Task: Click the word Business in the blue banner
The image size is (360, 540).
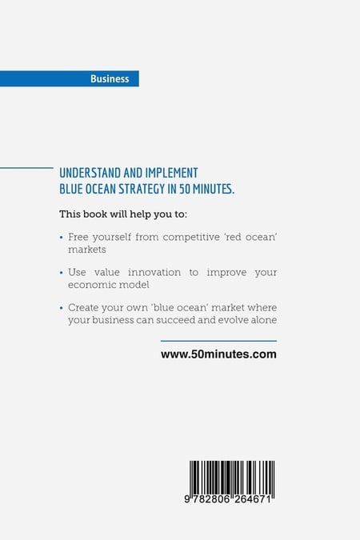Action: [110, 79]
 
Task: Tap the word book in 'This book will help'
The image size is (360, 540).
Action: [95, 214]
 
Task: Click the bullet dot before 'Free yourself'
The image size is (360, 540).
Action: [62, 238]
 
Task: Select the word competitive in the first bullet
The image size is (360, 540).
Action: [191, 238]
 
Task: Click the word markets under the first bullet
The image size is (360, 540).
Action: [87, 250]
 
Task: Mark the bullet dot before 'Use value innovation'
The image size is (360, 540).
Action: [62, 273]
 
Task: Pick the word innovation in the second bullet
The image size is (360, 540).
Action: [154, 273]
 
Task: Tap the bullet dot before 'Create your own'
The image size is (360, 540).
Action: [62, 308]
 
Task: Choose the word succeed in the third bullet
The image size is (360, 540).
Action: [176, 320]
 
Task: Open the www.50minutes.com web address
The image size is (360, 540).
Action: [218, 354]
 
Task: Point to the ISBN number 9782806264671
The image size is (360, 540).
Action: [228, 499]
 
